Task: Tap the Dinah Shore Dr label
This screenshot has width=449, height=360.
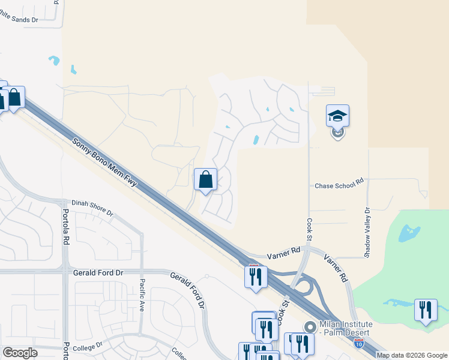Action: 92,208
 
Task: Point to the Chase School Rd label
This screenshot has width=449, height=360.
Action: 340,186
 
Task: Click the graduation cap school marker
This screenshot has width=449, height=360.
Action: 337,115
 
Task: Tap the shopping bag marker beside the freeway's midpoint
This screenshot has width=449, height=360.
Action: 205,179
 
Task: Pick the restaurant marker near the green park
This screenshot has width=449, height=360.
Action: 426,310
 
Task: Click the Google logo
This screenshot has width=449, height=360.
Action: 20,353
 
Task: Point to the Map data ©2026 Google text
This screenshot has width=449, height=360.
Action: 412,355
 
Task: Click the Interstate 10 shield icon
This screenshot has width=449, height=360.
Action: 358,343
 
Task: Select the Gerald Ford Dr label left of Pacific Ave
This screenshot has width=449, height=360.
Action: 98,272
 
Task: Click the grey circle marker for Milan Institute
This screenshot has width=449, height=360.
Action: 310,328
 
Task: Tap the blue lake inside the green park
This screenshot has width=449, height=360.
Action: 409,231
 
